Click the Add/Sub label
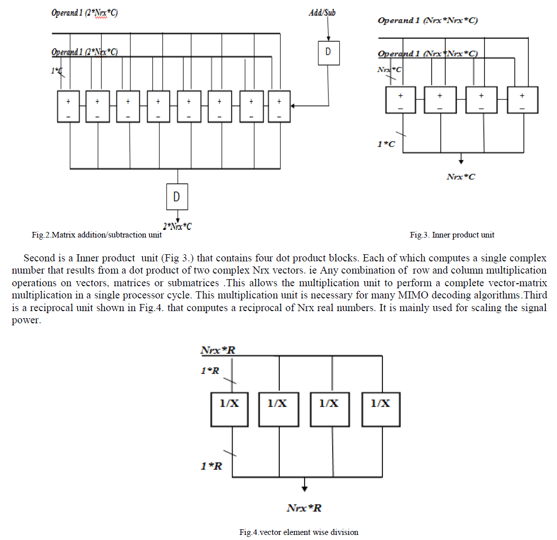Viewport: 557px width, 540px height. pyautogui.click(x=322, y=12)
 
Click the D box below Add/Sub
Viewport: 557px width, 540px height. pyautogui.click(x=328, y=53)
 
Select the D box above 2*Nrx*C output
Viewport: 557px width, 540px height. pyautogui.click(x=177, y=196)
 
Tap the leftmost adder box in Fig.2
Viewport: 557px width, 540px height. pyautogui.click(x=69, y=106)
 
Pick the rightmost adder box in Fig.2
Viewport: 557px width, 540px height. pyautogui.click(x=279, y=106)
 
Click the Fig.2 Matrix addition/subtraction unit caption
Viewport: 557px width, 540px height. pyautogui.click(x=96, y=234)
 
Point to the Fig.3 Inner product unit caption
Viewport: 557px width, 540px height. pyautogui.click(x=452, y=234)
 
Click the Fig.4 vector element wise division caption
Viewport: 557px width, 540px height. pyautogui.click(x=299, y=532)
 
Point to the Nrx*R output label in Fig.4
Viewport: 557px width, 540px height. pyautogui.click(x=304, y=508)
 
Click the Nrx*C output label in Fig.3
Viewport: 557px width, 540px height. pyautogui.click(x=461, y=177)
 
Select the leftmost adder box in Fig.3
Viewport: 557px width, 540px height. pyautogui.click(x=401, y=99)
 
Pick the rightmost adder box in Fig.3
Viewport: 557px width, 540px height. pyautogui.click(x=522, y=99)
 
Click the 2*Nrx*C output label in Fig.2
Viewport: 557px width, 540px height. pyautogui.click(x=177, y=226)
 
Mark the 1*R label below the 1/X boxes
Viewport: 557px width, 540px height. pyautogui.click(x=211, y=466)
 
